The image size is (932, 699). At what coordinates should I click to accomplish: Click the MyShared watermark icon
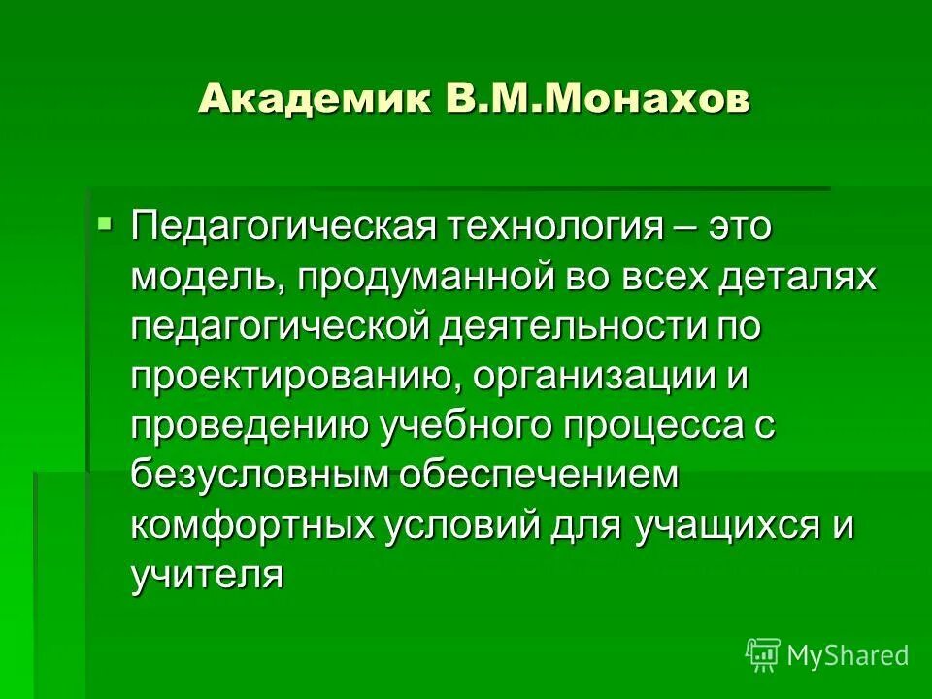pos(762,655)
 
